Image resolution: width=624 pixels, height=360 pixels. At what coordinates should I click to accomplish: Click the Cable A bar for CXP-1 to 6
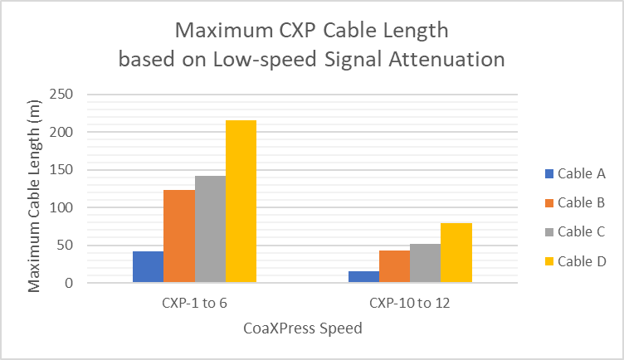click(x=148, y=266)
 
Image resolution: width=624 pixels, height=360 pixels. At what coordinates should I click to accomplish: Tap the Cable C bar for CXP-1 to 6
click(x=210, y=229)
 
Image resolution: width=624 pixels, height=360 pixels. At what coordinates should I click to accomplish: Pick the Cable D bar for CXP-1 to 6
click(x=241, y=202)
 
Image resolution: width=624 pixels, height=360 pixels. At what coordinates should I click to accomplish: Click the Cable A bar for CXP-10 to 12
click(x=363, y=277)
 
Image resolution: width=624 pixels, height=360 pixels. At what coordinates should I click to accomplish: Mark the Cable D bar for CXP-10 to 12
click(x=456, y=253)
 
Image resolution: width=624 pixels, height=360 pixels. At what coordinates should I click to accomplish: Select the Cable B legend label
click(x=581, y=202)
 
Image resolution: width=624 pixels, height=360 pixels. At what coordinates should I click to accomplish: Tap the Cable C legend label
click(x=581, y=231)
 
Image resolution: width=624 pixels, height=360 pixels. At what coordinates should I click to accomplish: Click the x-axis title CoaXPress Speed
click(x=303, y=328)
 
